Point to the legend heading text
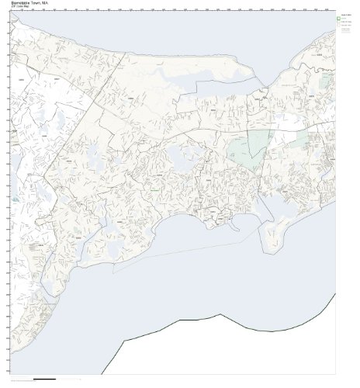click(345, 16)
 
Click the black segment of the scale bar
click(46, 380)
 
